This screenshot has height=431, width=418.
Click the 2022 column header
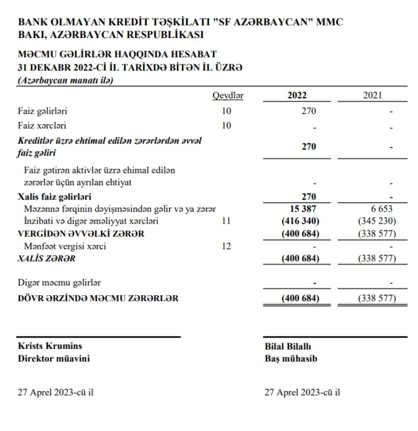(297, 96)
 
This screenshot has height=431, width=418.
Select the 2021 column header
(372, 96)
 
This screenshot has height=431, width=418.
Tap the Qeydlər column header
(228, 96)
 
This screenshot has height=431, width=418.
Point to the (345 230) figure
(376, 222)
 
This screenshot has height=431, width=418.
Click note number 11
(226, 222)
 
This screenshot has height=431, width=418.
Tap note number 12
(226, 246)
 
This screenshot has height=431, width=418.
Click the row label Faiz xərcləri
(42, 125)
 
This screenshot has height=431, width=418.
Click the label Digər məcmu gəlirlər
(59, 283)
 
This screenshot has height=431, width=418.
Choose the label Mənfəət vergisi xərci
(65, 246)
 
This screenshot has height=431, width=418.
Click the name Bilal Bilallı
(288, 346)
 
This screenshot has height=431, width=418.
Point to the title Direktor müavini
(53, 359)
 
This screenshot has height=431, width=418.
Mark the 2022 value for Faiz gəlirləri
(309, 111)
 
